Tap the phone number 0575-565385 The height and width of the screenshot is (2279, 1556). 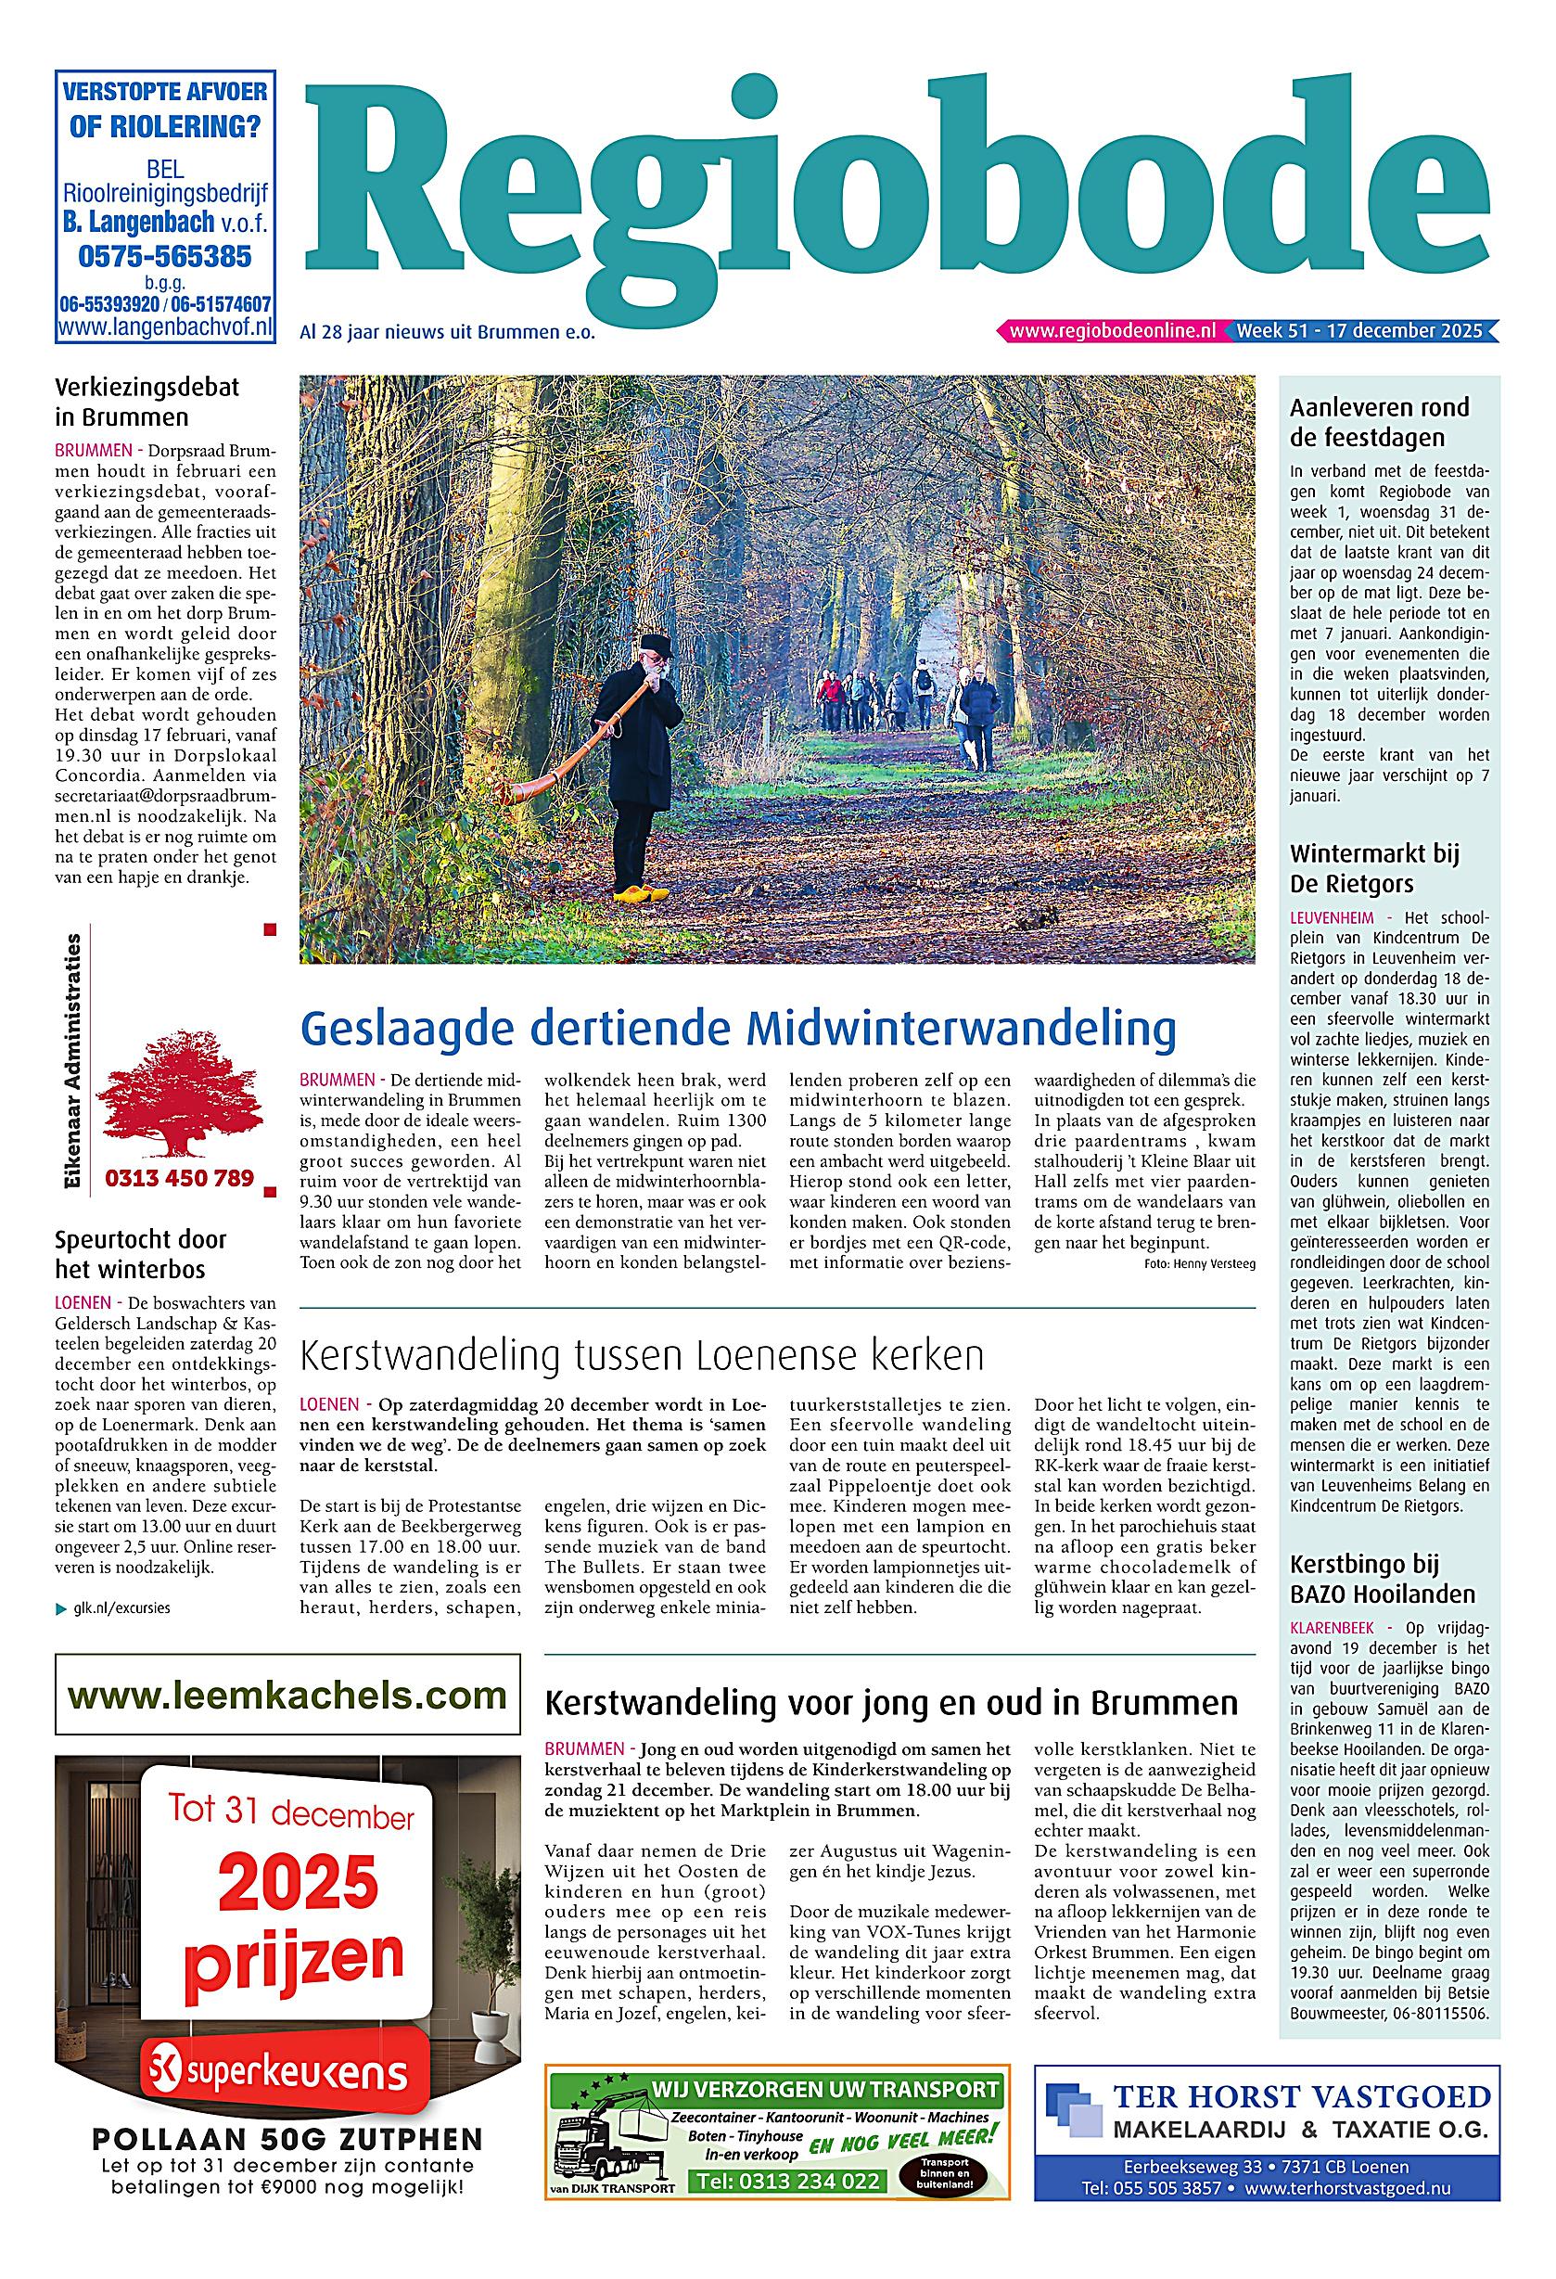click(165, 257)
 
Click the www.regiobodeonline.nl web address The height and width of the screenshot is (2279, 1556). click(1112, 331)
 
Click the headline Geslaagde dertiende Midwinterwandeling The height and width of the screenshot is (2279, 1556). click(737, 1029)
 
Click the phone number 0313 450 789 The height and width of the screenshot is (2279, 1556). click(179, 1177)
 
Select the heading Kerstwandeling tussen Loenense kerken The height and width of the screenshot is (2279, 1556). click(642, 1356)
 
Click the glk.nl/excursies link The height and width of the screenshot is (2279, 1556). click(121, 1609)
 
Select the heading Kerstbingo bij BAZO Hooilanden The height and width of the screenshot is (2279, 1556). click(1383, 1578)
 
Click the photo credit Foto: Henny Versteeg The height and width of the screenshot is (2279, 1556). click(1199, 1264)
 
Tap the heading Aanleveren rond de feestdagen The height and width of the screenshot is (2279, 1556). click(1379, 422)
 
